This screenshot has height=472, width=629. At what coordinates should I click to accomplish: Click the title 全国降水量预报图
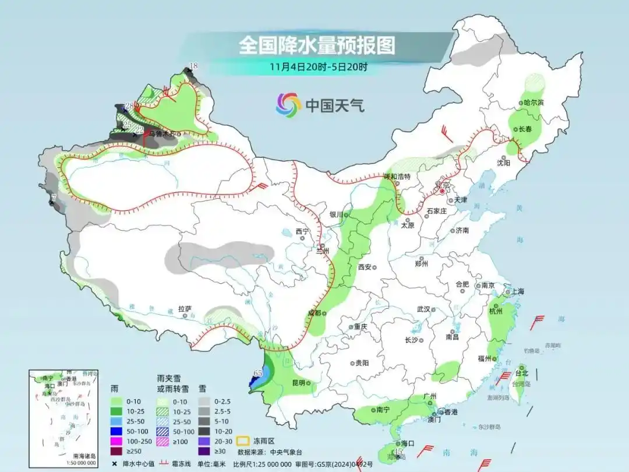(317, 45)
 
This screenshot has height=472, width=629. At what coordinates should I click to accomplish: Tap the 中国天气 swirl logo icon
(288, 105)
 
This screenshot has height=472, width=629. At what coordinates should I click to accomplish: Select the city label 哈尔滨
(533, 103)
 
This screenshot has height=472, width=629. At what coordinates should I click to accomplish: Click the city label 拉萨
(185, 309)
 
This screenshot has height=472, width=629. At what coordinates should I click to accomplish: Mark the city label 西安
(365, 266)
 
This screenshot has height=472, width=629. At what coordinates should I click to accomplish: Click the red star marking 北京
(442, 191)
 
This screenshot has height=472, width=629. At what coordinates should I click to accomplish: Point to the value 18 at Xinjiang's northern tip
(194, 66)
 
